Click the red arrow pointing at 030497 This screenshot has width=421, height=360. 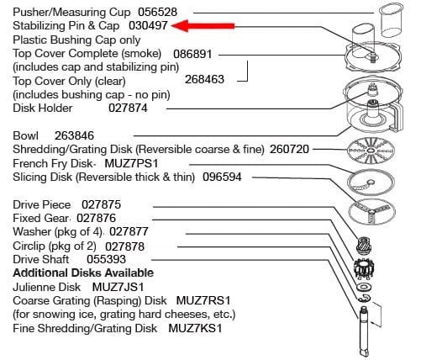203,26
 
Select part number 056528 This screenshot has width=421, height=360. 158,12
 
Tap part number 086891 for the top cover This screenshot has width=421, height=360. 192,54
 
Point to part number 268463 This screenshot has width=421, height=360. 204,79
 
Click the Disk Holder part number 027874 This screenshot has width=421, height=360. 128,108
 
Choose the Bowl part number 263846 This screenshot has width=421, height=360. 74,135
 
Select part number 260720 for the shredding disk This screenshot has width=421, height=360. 289,149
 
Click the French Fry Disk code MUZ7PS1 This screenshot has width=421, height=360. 131,163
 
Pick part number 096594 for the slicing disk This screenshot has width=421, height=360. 222,177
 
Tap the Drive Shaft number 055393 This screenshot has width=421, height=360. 106,259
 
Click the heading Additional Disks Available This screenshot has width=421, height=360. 83,273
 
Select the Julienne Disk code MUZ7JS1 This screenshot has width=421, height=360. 118,287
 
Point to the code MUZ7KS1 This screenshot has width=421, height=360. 195,328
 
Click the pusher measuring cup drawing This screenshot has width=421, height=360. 391,20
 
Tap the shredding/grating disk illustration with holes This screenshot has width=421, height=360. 371,151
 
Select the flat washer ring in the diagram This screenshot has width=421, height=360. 364,287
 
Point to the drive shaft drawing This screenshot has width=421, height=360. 364,331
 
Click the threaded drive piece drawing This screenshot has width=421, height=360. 365,245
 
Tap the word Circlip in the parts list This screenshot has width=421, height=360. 29,246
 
